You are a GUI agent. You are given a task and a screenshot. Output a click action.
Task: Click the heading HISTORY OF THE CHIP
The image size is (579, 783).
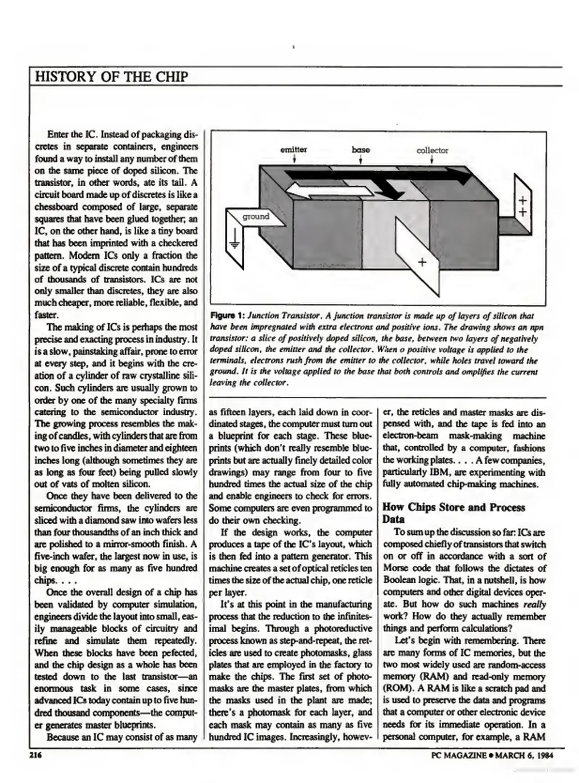coord(111,77)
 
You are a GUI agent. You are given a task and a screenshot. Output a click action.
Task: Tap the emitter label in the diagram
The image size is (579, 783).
coord(293,150)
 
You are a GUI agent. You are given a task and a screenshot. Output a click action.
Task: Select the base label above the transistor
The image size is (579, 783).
coord(360,150)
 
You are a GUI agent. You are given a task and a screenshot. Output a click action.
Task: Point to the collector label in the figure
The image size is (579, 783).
coord(432,150)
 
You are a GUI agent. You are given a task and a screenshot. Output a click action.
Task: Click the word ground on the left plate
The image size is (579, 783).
coord(256,217)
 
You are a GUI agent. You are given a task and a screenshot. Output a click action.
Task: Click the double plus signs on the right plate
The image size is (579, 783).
coord(522,206)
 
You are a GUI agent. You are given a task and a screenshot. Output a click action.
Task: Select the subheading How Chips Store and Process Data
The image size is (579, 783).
coord(453,513)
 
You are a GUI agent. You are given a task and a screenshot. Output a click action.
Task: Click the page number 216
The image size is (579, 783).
coord(36,755)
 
